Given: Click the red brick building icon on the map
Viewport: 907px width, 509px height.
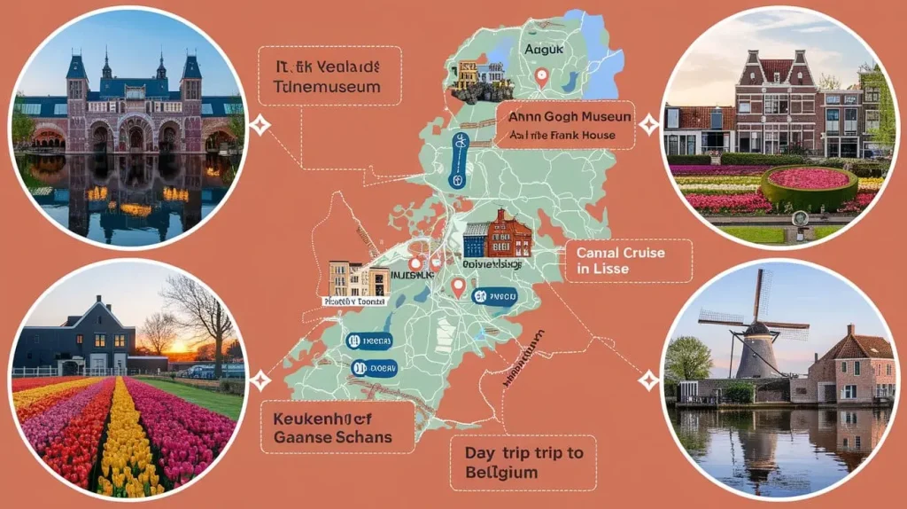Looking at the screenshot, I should (x=498, y=235).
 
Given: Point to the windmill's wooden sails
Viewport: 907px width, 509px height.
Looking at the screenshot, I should (x=752, y=316).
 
